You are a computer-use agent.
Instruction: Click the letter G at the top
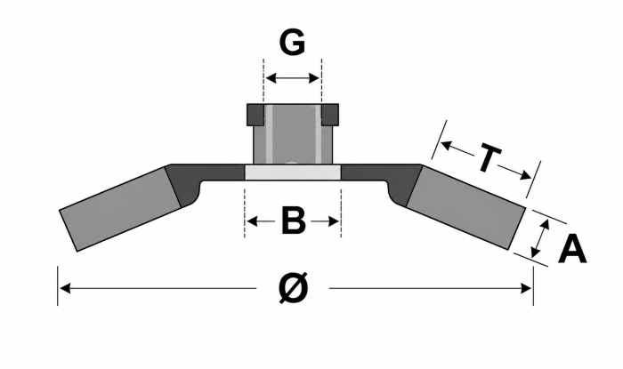pyautogui.click(x=292, y=42)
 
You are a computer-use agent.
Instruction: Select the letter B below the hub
pyautogui.click(x=293, y=221)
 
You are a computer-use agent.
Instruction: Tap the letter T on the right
pyautogui.click(x=489, y=158)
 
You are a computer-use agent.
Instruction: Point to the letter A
pyautogui.click(x=572, y=249)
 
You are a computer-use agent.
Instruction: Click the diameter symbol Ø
pyautogui.click(x=294, y=287)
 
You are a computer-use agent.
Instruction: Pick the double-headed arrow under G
pyautogui.click(x=293, y=78)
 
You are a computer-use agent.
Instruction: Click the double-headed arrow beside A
pyautogui.click(x=540, y=238)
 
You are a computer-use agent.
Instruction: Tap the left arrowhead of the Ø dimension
pyautogui.click(x=65, y=288)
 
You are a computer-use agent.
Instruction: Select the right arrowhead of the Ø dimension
pyautogui.click(x=526, y=288)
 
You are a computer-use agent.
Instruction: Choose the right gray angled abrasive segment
pyautogui.click(x=465, y=207)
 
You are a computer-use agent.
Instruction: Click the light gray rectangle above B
pyautogui.click(x=293, y=172)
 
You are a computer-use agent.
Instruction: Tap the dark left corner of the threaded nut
pyautogui.click(x=255, y=114)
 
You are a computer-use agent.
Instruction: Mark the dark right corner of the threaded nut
pyautogui.click(x=330, y=114)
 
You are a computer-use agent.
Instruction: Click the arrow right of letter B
pyautogui.click(x=324, y=221)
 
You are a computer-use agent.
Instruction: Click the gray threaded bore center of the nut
pyautogui.click(x=293, y=134)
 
